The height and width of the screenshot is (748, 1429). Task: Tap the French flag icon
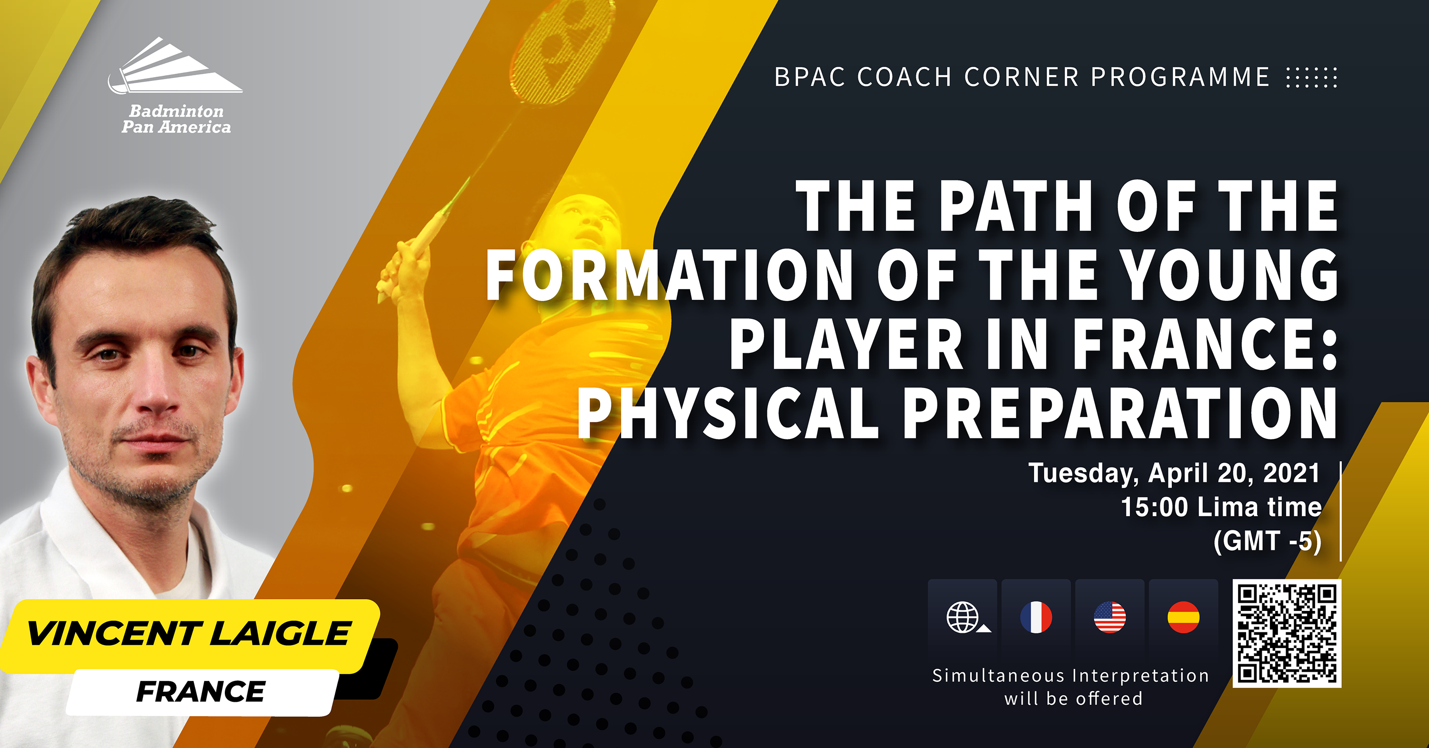[1036, 617]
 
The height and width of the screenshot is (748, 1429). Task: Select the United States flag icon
[1110, 617]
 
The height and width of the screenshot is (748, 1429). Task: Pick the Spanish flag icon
[1183, 617]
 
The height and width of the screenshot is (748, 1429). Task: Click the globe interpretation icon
[965, 617]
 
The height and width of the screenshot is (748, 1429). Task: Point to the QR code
[1287, 633]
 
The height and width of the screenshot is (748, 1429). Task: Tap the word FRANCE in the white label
[201, 691]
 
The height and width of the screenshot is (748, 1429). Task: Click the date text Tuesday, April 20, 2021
[1174, 473]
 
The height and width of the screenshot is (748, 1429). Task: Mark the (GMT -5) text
[1268, 541]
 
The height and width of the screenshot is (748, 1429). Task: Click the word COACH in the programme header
[905, 77]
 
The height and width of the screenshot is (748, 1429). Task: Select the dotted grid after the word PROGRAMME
[1311, 78]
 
